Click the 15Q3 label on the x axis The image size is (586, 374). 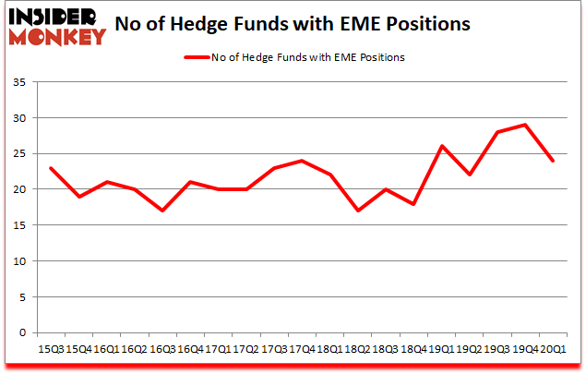(51, 348)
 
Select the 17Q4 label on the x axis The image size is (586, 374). (301, 348)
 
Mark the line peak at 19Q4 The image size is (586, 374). (524, 125)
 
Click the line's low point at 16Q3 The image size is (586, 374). (162, 211)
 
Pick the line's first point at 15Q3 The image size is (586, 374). (51, 168)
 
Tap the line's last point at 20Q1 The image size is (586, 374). (552, 161)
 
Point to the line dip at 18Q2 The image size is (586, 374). (357, 211)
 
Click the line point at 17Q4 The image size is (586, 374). (301, 161)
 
